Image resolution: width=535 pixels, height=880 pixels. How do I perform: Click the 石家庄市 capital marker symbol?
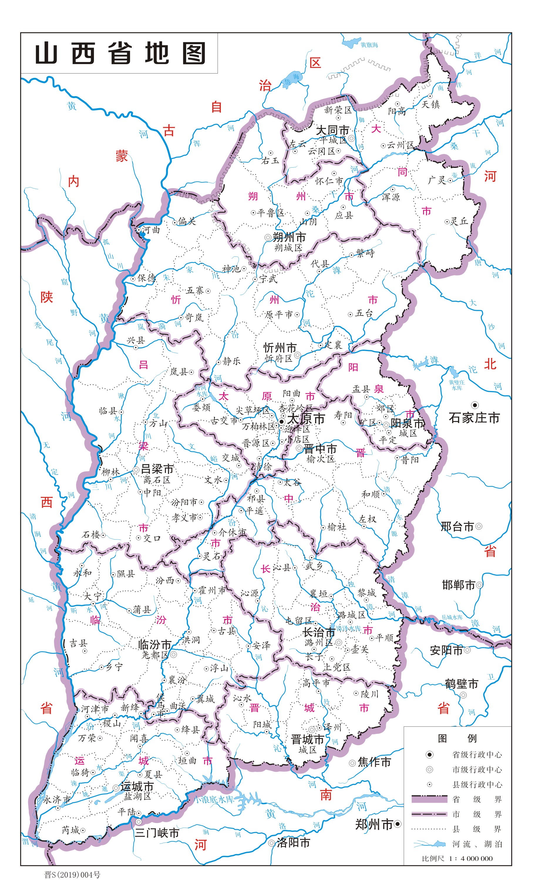[475, 405]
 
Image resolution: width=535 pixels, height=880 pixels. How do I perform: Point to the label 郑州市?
[374, 824]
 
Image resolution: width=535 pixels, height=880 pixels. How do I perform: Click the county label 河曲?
[151, 230]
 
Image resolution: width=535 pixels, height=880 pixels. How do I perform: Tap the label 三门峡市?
[157, 833]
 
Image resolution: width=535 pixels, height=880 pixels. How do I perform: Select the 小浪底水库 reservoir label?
[214, 799]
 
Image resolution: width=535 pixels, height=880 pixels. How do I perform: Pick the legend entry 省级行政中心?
[477, 755]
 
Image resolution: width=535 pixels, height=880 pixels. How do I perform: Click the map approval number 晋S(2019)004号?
[73, 874]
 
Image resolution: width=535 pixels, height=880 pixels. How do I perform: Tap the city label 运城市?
[137, 787]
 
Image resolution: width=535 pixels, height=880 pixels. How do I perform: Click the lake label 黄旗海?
[369, 45]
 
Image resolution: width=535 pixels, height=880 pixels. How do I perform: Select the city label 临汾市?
[154, 645]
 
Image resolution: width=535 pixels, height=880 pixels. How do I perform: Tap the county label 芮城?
[71, 830]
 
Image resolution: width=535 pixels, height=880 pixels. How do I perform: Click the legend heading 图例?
[457, 738]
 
